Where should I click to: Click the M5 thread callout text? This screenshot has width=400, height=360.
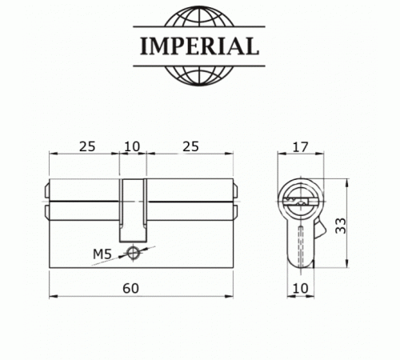point(102,254)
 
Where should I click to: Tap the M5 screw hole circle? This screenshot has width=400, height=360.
point(133,254)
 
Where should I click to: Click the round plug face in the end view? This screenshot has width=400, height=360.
point(299,197)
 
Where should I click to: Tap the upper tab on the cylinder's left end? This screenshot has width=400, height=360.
point(46,192)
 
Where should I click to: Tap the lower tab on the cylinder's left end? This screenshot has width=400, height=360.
point(46,212)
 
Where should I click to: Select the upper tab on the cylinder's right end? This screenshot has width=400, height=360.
point(235,192)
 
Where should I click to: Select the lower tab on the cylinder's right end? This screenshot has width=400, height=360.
point(235,212)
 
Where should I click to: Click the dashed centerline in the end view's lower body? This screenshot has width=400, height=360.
point(299,244)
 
